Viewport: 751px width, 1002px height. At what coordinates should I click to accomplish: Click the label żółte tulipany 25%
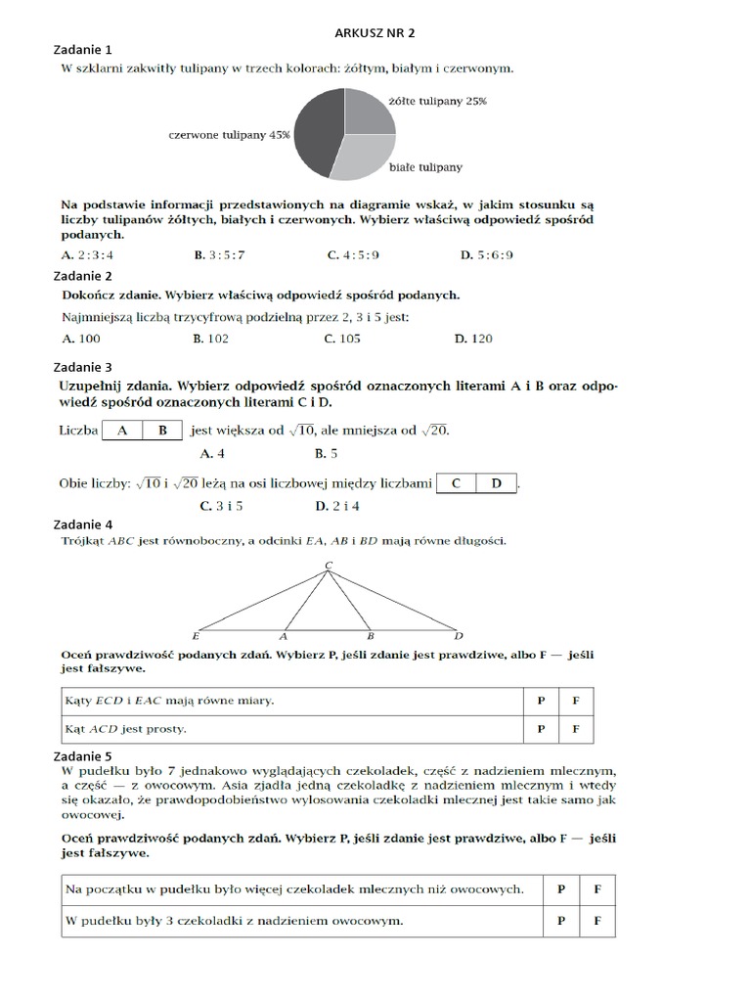click(x=437, y=100)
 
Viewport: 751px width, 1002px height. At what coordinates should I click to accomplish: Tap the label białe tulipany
click(x=426, y=167)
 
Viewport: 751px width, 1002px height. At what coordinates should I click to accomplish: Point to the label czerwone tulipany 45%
click(x=230, y=135)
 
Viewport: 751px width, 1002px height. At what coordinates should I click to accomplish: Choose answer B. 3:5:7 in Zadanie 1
click(x=218, y=254)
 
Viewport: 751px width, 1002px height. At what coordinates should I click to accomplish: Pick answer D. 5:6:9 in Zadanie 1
click(x=486, y=254)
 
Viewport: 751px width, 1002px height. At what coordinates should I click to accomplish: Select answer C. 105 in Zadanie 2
click(x=342, y=339)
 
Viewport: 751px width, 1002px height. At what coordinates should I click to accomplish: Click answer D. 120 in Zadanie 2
click(x=473, y=339)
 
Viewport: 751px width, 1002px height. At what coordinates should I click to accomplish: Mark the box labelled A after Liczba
click(x=122, y=430)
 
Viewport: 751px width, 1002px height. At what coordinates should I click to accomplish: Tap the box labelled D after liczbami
click(x=496, y=482)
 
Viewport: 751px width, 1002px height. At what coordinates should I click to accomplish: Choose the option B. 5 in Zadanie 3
click(x=326, y=453)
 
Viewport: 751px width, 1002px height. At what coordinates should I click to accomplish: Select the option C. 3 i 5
click(x=221, y=506)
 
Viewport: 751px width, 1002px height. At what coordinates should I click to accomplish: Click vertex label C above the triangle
click(x=329, y=566)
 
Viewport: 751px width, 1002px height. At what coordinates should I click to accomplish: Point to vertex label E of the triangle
click(x=197, y=635)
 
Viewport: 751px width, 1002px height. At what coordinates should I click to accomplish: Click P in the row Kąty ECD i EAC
click(x=541, y=702)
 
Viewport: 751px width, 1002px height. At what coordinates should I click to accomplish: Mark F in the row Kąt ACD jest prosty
click(x=576, y=729)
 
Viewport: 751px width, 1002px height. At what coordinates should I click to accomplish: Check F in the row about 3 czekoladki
click(x=597, y=921)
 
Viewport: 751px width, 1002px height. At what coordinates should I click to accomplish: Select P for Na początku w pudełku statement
click(x=561, y=889)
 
